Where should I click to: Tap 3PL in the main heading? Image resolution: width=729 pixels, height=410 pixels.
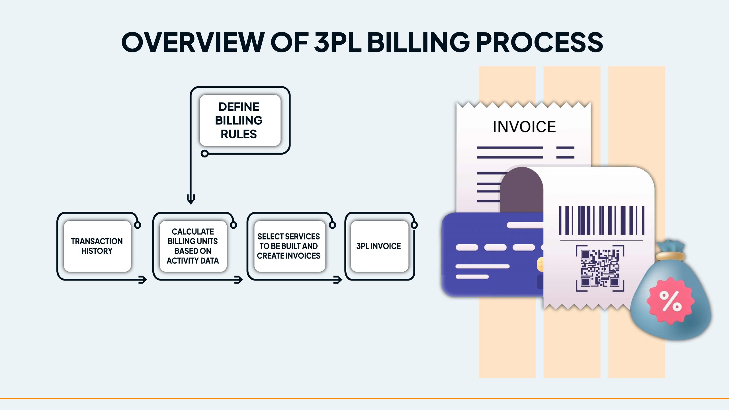(x=338, y=42)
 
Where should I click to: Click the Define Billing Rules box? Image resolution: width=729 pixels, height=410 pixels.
(x=240, y=120)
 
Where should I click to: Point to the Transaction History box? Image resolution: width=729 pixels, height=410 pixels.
(x=97, y=246)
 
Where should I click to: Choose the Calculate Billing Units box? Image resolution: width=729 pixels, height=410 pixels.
(x=193, y=246)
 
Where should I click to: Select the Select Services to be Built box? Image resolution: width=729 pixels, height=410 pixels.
(x=289, y=246)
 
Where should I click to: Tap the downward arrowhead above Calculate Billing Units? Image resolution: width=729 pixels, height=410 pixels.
(x=191, y=199)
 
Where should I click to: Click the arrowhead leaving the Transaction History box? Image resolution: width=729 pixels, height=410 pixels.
(x=143, y=280)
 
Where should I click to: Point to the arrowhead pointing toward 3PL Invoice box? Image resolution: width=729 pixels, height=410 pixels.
(x=338, y=280)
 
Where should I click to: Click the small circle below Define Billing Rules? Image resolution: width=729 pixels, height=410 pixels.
(x=204, y=154)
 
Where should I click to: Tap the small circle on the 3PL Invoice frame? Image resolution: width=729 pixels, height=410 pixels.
(x=414, y=225)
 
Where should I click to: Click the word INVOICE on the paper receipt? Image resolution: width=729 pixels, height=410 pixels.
(x=524, y=127)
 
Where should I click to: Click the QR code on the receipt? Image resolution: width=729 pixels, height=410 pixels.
(x=600, y=268)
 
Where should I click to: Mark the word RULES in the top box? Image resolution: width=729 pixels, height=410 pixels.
(x=239, y=134)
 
